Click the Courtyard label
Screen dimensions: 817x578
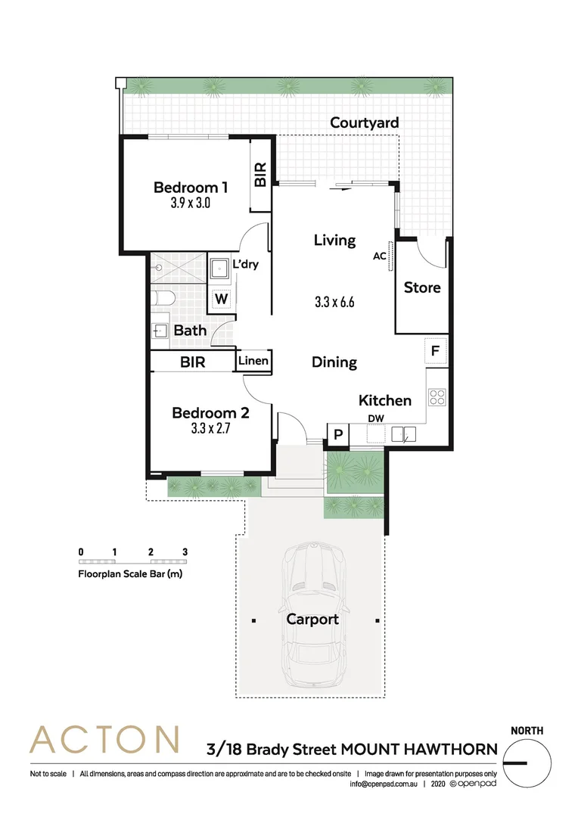364,123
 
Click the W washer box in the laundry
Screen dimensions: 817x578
221,299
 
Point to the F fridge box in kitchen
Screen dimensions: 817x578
436,351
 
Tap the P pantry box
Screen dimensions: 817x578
337,434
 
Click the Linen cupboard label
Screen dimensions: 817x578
253,361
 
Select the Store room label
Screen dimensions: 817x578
421,287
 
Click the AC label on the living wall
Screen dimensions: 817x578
380,256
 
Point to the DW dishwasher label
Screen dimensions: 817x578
376,418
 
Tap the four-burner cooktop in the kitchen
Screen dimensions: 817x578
437,397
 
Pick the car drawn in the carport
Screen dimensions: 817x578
312,617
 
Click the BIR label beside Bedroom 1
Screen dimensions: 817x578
260,176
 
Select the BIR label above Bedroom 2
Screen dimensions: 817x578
192,362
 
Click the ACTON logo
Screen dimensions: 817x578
104,739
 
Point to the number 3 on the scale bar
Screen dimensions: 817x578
185,551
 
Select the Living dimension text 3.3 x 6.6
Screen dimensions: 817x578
334,302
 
